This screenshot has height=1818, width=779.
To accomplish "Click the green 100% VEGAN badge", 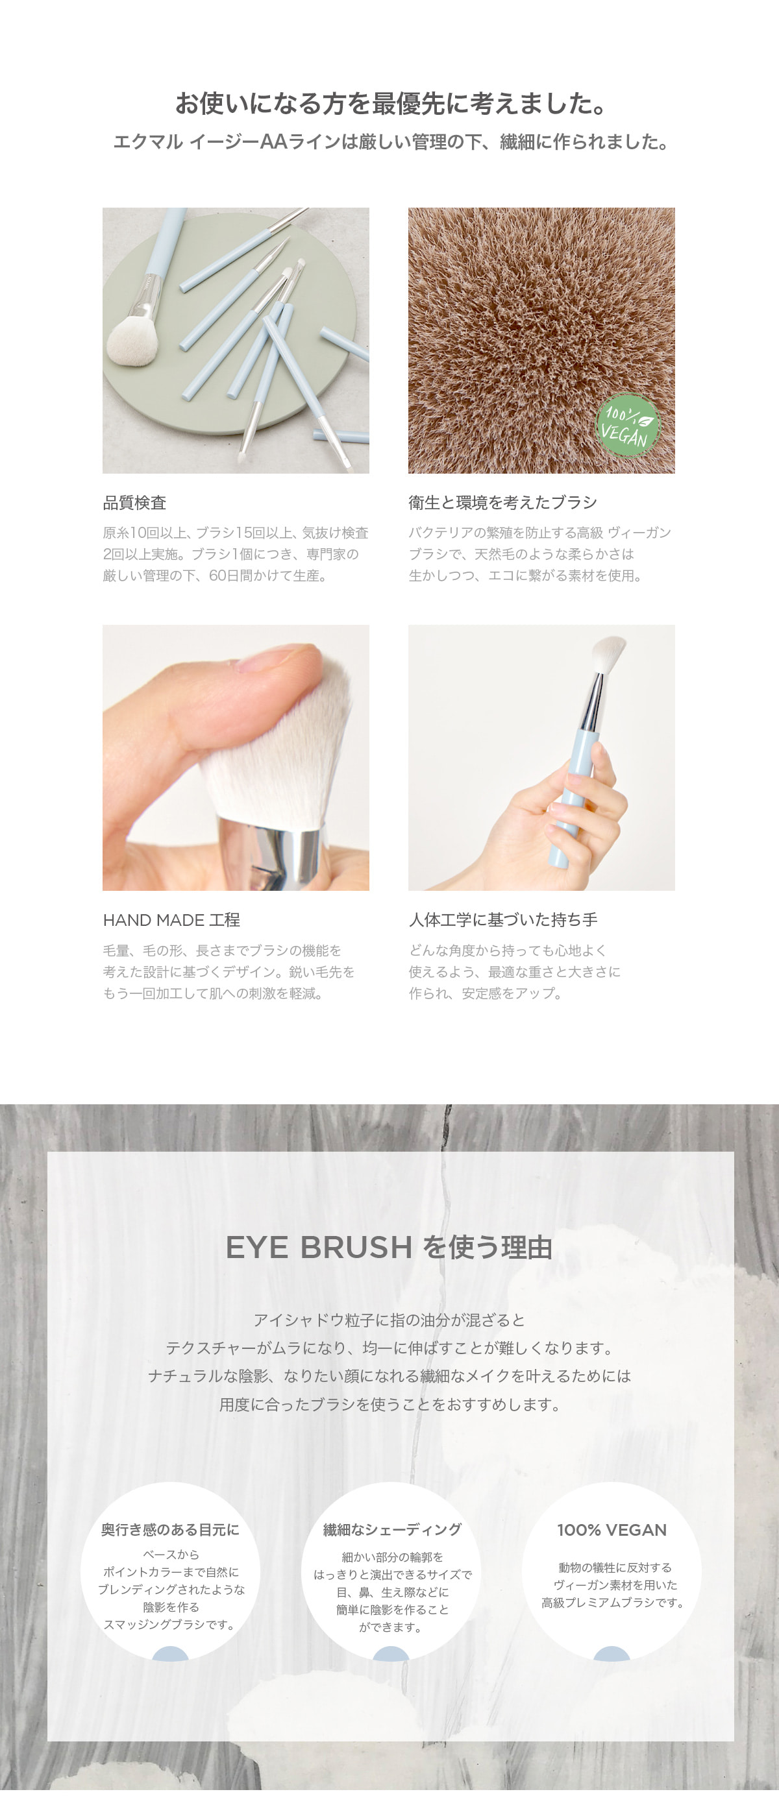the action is coord(627,425).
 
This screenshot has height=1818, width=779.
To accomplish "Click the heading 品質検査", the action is coord(135,502).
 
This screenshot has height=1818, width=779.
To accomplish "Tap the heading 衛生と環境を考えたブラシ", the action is coord(503,502).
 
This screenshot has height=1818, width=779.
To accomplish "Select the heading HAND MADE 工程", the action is coord(171,920).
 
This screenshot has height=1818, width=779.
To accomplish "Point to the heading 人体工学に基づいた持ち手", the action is coord(503,920).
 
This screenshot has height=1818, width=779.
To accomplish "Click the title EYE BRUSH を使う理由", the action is coord(389,1248).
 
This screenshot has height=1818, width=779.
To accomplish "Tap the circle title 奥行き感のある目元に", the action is coord(170,1530).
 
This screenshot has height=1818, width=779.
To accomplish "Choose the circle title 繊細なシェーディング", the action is coord(392,1530).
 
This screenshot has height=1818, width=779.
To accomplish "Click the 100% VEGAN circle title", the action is coord(612,1530).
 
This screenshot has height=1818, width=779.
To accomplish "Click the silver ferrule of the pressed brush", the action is coord(272,854).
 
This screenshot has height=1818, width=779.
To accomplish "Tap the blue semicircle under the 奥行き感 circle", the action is coord(170,1654).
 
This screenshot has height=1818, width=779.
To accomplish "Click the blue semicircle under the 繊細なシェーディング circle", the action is coord(391,1654).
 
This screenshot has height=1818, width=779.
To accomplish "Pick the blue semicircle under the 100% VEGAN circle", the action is coord(612,1654).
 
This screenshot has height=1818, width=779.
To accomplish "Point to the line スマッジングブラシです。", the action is coord(170,1625).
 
